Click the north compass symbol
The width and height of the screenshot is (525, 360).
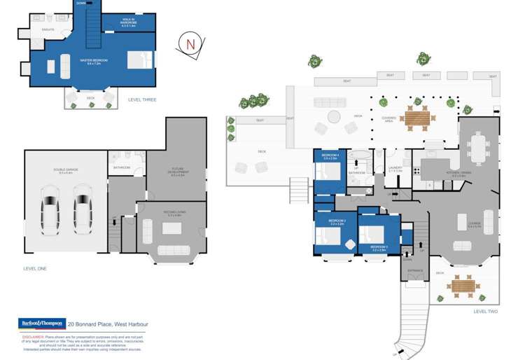[x=188, y=43]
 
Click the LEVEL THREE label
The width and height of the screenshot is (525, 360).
[x=142, y=100]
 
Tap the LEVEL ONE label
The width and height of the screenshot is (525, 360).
[x=35, y=268]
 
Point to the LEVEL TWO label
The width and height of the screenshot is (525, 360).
[x=485, y=311]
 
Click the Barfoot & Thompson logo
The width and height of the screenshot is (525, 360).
[x=41, y=324]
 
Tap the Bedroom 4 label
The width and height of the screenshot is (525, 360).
[x=330, y=156]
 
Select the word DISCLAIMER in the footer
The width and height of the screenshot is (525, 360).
[x=32, y=335]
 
